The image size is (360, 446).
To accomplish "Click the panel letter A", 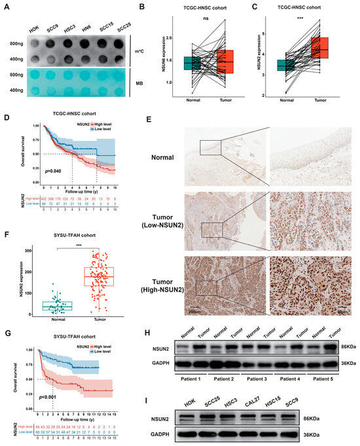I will tap(5, 5).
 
